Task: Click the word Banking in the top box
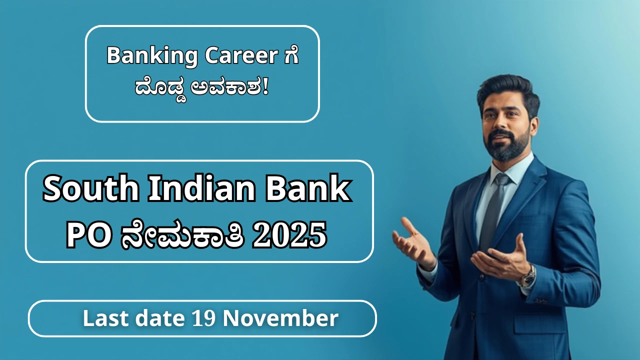(152, 56)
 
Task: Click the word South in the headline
(91, 189)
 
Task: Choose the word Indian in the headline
(202, 188)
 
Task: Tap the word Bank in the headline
(308, 188)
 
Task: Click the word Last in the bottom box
(105, 318)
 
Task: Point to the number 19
(203, 319)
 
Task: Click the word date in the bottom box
(160, 318)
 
